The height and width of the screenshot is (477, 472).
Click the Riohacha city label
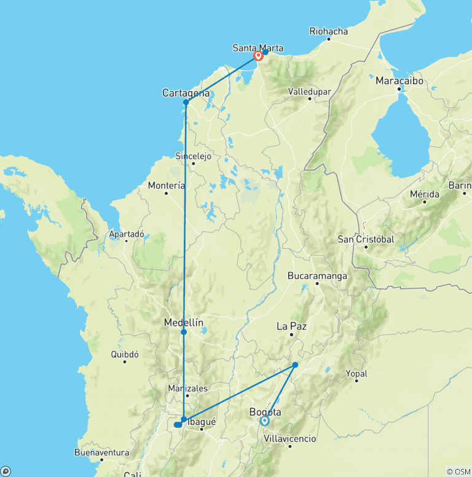coord(329,31)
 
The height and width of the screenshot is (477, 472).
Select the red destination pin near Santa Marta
coord(259,56)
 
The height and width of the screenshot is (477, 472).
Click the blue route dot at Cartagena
coord(186,102)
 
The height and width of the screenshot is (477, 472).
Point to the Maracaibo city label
coord(399,81)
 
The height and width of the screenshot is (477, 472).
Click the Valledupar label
coord(310,92)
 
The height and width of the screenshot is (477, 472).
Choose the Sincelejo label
coord(193,156)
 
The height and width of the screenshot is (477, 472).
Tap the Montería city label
coord(166,186)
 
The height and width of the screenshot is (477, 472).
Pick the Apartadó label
coord(126,234)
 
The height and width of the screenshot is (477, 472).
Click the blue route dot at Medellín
coord(184,332)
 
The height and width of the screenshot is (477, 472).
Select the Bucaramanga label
coord(317,276)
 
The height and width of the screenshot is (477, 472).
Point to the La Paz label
coord(291,326)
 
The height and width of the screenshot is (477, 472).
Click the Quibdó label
coord(125,354)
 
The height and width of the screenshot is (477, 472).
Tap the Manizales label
coord(188,388)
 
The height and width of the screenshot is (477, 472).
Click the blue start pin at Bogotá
coord(264,422)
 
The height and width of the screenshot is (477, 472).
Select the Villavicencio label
coord(289,439)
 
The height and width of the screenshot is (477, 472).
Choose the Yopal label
coord(356,373)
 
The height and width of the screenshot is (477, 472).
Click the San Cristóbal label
coord(366,239)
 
